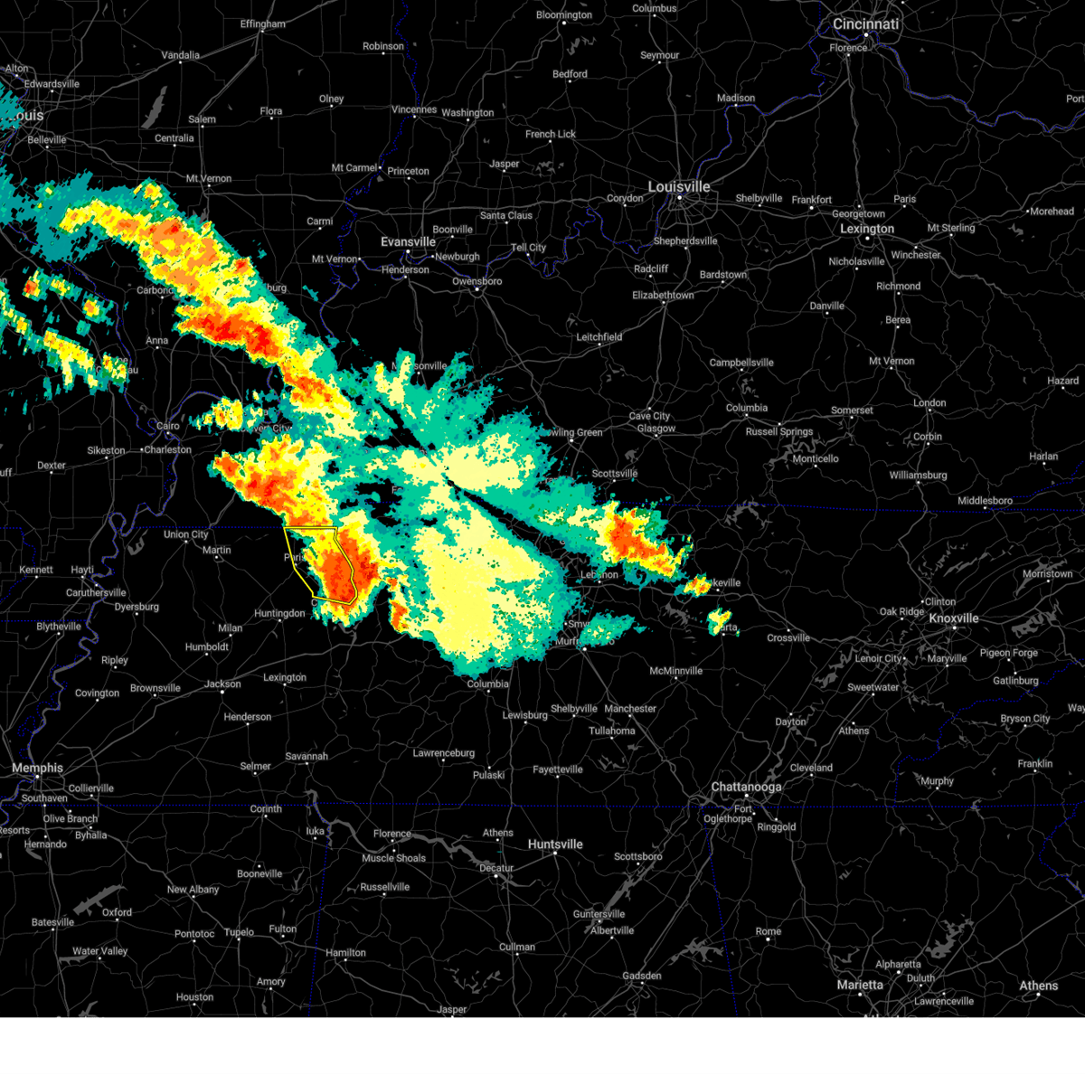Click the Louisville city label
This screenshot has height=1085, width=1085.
click(x=678, y=187)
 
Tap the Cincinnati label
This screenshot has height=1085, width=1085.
click(x=865, y=24)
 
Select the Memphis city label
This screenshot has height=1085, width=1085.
click(x=37, y=768)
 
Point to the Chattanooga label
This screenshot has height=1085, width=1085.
click(x=746, y=787)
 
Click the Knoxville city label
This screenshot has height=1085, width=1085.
click(x=954, y=618)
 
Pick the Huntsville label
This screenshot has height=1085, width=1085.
click(x=555, y=844)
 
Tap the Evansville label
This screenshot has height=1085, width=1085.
click(x=408, y=242)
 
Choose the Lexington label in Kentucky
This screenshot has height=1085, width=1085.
click(x=866, y=229)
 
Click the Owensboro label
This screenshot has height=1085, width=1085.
click(x=476, y=281)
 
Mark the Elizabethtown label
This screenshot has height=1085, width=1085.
click(x=663, y=296)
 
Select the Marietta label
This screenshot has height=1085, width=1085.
click(x=860, y=985)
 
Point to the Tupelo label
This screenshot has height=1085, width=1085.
click(x=239, y=932)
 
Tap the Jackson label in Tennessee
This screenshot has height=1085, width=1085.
click(x=222, y=684)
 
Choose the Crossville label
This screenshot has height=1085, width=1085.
click(x=788, y=637)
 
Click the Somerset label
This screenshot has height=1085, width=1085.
click(x=852, y=410)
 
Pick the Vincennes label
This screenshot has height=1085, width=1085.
click(x=414, y=110)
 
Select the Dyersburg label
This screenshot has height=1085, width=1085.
click(x=137, y=607)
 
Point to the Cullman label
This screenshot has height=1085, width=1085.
click(x=517, y=948)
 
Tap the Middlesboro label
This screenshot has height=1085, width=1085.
click(x=985, y=501)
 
